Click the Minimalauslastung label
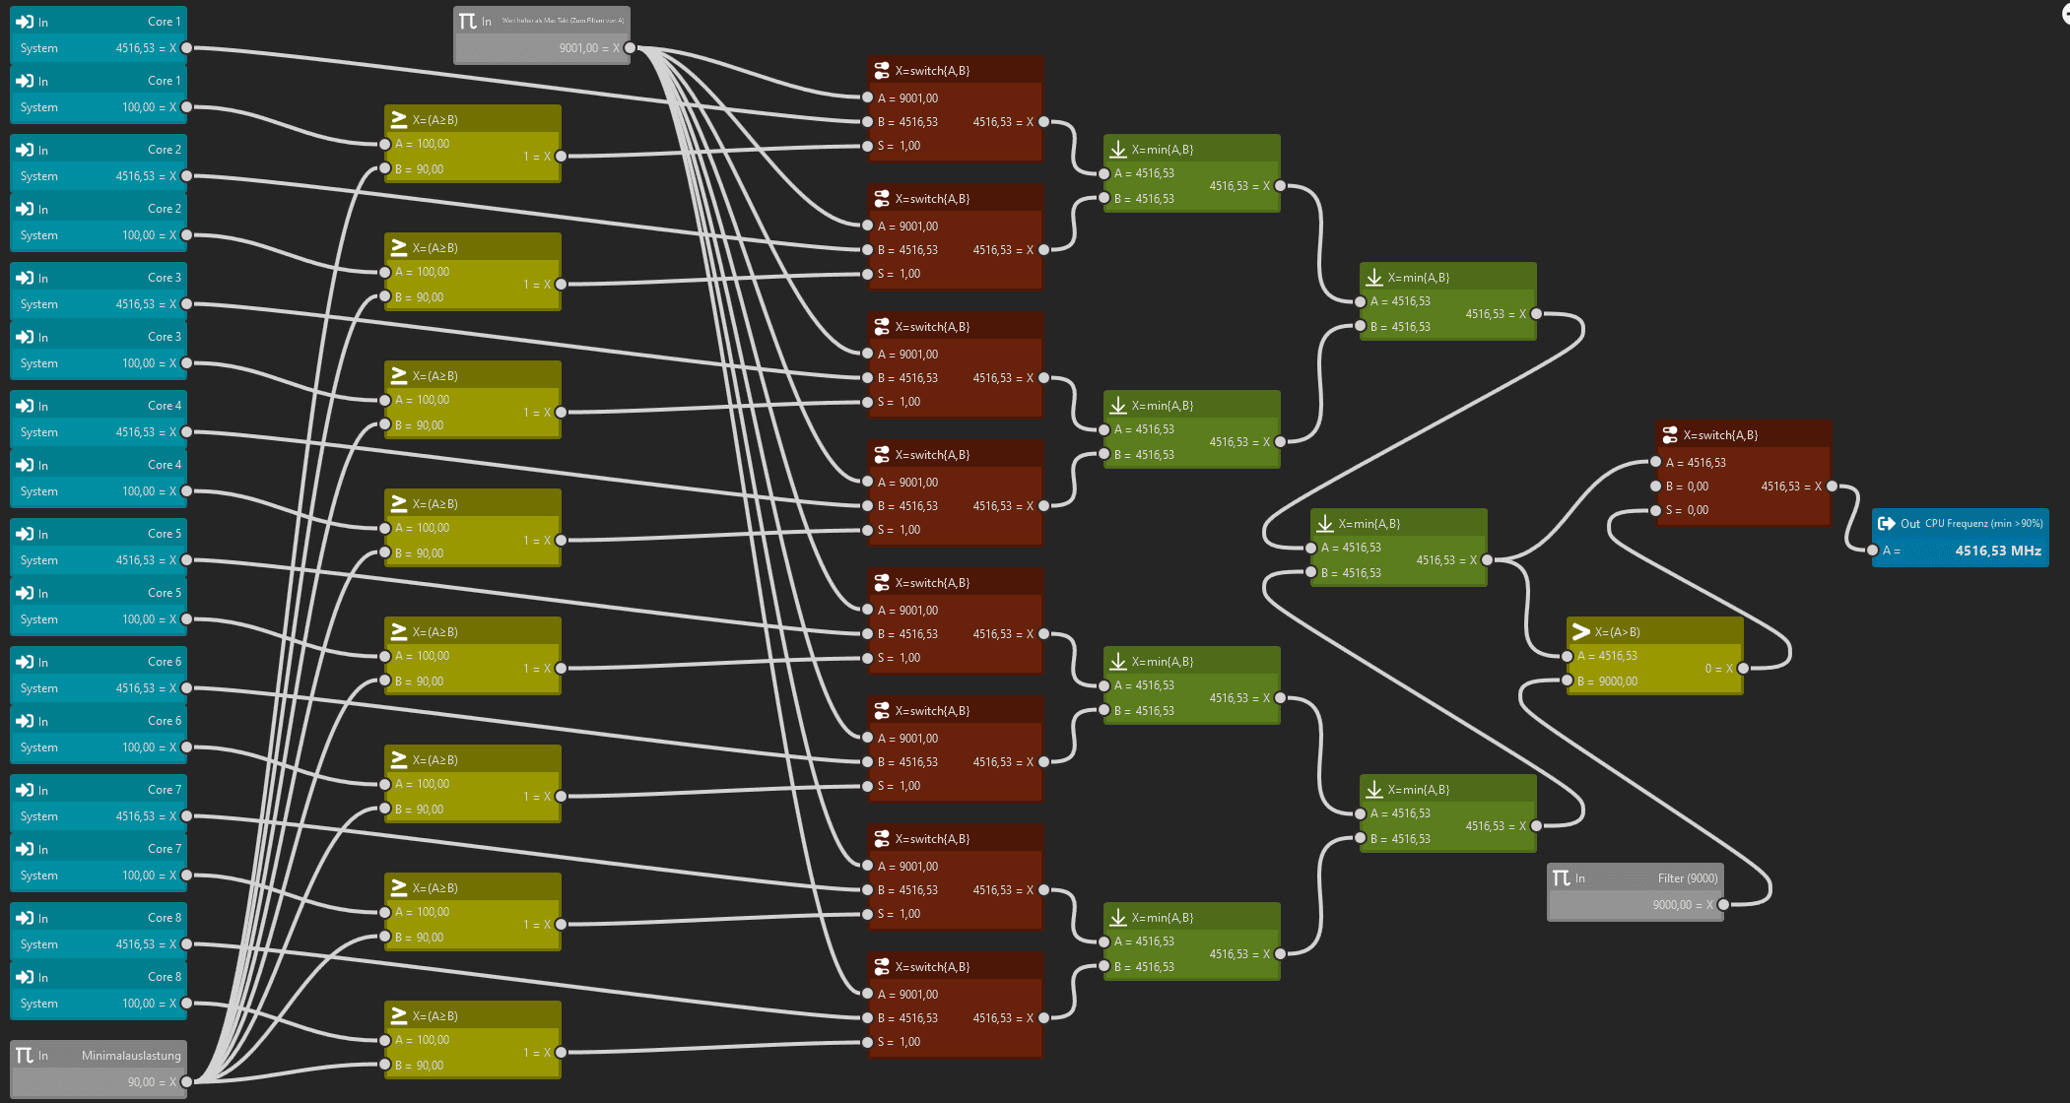[x=131, y=1056]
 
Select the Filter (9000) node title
[x=1687, y=878]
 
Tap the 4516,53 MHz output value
[x=1997, y=551]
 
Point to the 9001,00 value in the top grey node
[x=578, y=48]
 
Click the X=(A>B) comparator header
[x=1617, y=632]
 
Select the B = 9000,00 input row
[x=1607, y=681]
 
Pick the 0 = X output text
[x=1718, y=669]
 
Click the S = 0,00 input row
[x=1687, y=510]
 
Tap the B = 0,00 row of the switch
[x=1687, y=487]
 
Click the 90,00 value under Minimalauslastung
[x=141, y=1082]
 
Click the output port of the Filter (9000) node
[x=1723, y=905]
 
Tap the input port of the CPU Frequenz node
[x=1872, y=551]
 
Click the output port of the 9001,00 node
[x=630, y=48]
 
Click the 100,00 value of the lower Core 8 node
[x=138, y=1004]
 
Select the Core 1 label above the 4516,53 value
[x=164, y=22]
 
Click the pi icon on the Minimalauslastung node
[x=25, y=1056]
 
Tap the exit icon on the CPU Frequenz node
[x=1886, y=524]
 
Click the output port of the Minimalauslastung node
[x=186, y=1082]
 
